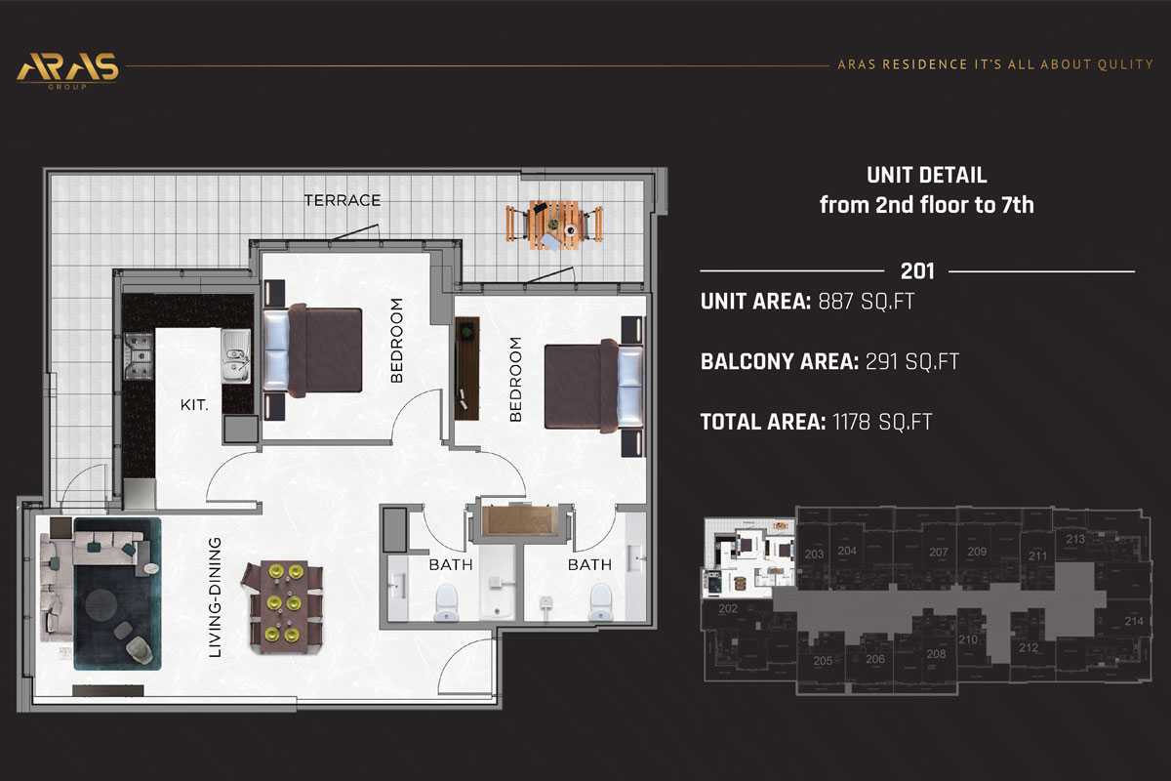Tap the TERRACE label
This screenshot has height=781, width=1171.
coord(342,200)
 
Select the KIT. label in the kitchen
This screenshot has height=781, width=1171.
coord(193,402)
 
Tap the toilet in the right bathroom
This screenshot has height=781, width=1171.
coord(601,601)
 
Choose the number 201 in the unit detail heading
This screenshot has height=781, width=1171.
coord(917,270)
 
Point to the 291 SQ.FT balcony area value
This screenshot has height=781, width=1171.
coord(909,362)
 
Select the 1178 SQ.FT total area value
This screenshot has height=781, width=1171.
coord(881,423)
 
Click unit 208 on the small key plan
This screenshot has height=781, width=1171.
coord(936,654)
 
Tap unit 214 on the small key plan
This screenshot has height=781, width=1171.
coord(1133,621)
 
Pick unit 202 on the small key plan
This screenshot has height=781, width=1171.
coord(727,609)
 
